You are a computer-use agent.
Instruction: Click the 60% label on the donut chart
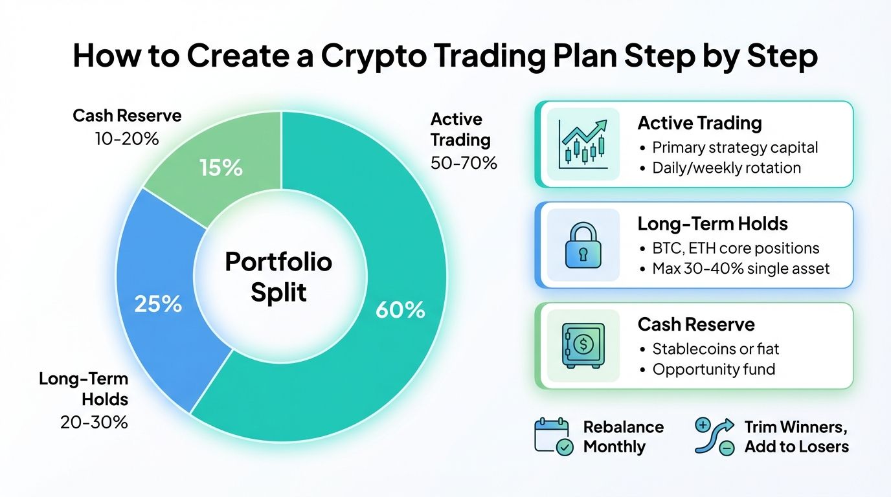[400, 310]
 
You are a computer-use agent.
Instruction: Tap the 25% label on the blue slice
[157, 304]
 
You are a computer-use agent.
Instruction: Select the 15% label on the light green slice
[220, 168]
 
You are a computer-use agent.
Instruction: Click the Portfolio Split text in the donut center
[278, 277]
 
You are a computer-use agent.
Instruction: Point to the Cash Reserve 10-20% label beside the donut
[127, 127]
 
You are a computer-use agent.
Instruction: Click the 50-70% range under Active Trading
[464, 162]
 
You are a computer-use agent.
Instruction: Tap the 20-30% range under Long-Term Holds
[95, 423]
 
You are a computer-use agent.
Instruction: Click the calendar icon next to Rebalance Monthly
[552, 436]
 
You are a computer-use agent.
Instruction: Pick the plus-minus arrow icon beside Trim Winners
[714, 436]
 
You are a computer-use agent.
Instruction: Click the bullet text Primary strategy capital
[735, 148]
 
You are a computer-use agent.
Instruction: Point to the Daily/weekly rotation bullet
[727, 168]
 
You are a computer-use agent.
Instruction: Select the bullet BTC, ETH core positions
[736, 248]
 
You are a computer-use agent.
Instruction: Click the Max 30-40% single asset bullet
[741, 269]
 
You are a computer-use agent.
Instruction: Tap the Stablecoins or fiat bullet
[716, 349]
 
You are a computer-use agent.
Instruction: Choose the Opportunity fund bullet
[714, 370]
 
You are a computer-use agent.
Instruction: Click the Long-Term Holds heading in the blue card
[712, 224]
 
